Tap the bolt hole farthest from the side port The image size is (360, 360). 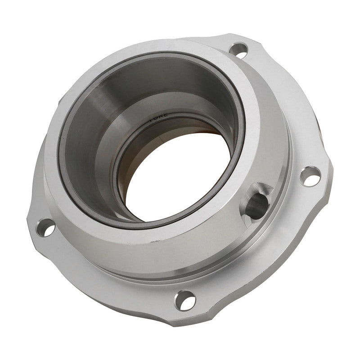[x=46, y=227]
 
